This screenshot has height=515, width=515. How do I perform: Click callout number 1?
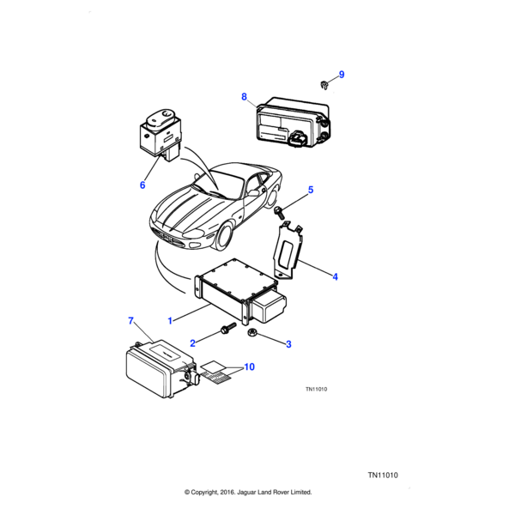tap(170, 320)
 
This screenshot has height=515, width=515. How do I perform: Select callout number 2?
tap(193, 342)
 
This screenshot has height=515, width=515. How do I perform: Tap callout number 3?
tap(288, 344)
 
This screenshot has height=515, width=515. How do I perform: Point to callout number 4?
tap(335, 276)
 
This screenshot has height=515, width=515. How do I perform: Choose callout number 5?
tap(311, 190)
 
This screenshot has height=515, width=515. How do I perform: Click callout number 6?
tap(142, 185)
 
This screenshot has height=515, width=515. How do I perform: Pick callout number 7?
tap(130, 321)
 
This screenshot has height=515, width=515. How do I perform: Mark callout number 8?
tap(244, 96)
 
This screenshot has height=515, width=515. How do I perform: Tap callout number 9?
tap(341, 75)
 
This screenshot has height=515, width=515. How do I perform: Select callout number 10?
tap(249, 367)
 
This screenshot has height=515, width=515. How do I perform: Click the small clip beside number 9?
tap(323, 84)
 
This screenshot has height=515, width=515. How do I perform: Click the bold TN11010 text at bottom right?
tap(385, 475)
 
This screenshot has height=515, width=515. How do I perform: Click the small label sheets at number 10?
tap(215, 372)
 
